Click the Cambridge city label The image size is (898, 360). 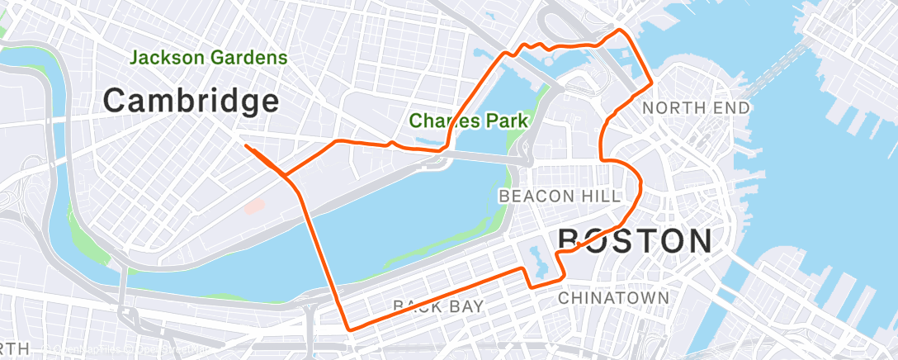pyautogui.click(x=191, y=101)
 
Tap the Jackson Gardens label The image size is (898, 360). pyautogui.click(x=208, y=58)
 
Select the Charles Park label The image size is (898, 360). pyautogui.click(x=468, y=121)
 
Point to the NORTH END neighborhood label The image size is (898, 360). pyautogui.click(x=696, y=107)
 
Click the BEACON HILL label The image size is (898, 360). pyautogui.click(x=560, y=196)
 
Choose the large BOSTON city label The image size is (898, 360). pyautogui.click(x=635, y=241)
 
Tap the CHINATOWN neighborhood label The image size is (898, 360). pyautogui.click(x=613, y=296)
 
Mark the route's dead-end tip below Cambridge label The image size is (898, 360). pyautogui.click(x=246, y=146)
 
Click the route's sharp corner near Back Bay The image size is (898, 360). pyautogui.click(x=349, y=328)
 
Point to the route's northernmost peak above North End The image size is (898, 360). pyautogui.click(x=621, y=31)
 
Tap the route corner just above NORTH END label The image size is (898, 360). pyautogui.click(x=652, y=83)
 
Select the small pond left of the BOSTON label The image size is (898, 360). pyautogui.click(x=540, y=260)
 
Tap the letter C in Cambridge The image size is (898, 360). pyautogui.click(x=116, y=101)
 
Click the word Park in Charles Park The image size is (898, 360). pyautogui.click(x=506, y=121)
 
